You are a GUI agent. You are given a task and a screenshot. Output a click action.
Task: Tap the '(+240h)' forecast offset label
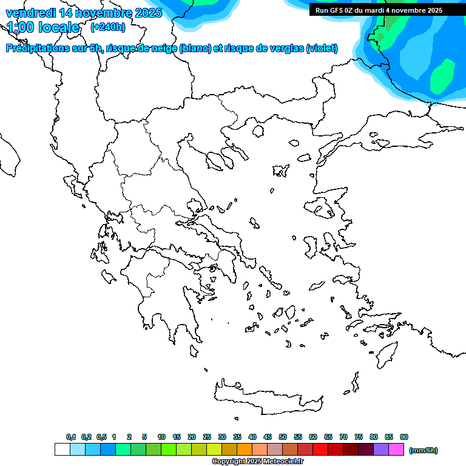click(x=108, y=27)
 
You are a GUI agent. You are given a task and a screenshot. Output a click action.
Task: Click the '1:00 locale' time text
click(x=44, y=27)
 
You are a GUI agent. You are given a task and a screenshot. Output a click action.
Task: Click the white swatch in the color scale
click(x=62, y=450)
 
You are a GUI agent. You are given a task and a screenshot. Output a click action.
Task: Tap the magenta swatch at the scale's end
click(x=396, y=450)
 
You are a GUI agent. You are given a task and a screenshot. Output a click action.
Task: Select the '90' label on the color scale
click(x=404, y=437)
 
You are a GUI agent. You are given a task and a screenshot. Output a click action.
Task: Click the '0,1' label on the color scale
click(x=71, y=437)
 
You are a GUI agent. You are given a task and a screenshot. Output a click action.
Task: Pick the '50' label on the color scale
click(x=283, y=437)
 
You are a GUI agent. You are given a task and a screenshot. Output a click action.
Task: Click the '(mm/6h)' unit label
click(x=424, y=450)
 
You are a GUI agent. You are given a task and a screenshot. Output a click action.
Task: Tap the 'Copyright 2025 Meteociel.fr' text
click(x=257, y=461)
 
